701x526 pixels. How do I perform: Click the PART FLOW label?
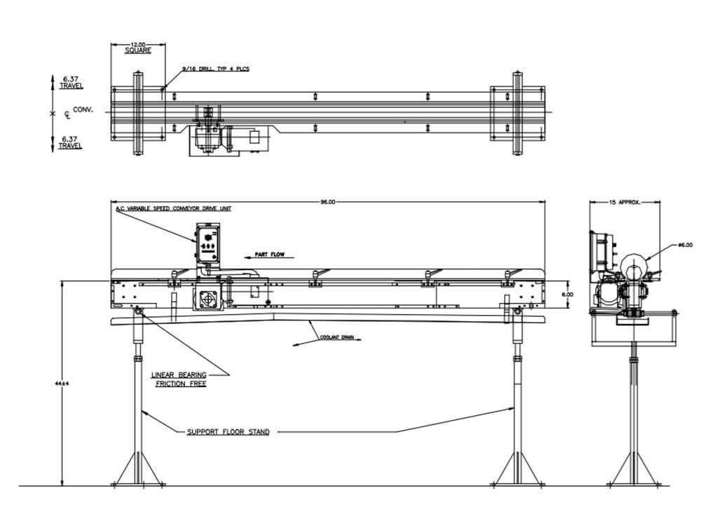pyautogui.click(x=268, y=255)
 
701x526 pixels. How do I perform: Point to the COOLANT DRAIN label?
pyautogui.click(x=338, y=337)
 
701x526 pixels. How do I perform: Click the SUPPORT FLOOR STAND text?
pyautogui.click(x=228, y=432)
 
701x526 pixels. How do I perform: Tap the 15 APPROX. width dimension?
pyautogui.click(x=624, y=201)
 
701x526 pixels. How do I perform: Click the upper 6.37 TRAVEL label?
pyautogui.click(x=70, y=83)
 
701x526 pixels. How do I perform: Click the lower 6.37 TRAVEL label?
pyautogui.click(x=70, y=142)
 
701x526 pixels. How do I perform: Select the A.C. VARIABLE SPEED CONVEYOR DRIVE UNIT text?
pyautogui.click(x=172, y=209)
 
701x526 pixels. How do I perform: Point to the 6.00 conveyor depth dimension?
pyautogui.click(x=569, y=295)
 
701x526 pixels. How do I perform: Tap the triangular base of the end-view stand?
pyautogui.click(x=634, y=470)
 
